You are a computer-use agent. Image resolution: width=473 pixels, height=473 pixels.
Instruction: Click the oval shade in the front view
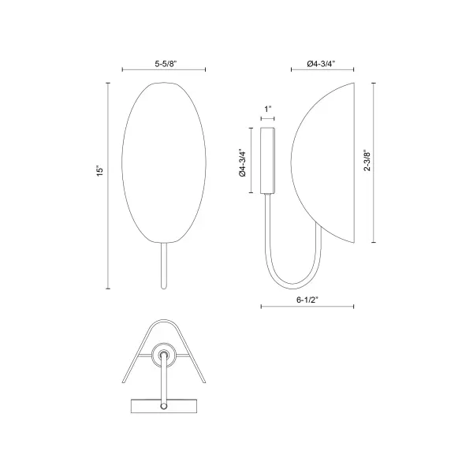tap(164, 158)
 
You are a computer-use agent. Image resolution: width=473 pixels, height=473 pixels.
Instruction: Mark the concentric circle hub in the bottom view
tap(164, 356)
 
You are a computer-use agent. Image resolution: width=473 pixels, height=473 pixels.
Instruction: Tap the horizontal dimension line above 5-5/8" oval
tap(164, 69)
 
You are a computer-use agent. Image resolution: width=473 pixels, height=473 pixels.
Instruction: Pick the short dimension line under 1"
tap(268, 117)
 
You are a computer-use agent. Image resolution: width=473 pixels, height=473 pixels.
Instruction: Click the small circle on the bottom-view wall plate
tap(164, 406)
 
